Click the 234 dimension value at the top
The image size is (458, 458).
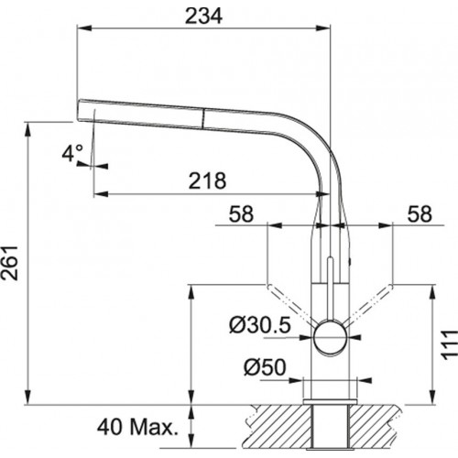(x=203, y=16)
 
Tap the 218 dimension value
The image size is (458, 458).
(x=208, y=180)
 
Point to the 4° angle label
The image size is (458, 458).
(x=72, y=153)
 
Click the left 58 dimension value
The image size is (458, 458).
(x=241, y=213)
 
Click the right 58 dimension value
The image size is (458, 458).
(x=420, y=213)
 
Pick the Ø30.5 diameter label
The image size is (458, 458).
(x=260, y=326)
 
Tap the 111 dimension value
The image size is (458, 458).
(x=449, y=344)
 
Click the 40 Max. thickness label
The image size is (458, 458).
(x=137, y=427)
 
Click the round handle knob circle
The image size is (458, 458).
(x=330, y=337)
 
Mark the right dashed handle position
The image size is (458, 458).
(x=369, y=305)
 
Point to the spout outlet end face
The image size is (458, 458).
(x=78, y=110)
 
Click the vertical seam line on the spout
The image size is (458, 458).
(x=202, y=118)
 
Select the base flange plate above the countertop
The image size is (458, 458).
(x=330, y=401)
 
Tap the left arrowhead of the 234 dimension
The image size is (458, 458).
(x=84, y=28)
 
